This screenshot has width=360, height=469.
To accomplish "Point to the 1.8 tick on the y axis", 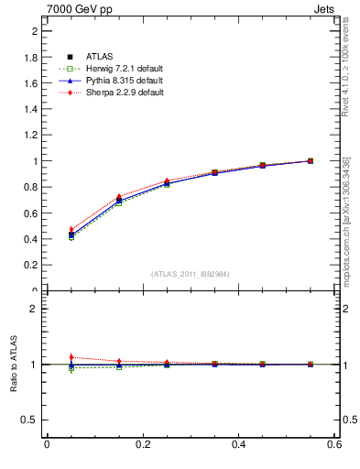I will coord(30,57).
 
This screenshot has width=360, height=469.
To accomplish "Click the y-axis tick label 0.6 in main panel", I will coord(30,213).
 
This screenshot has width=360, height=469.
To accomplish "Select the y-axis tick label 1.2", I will coord(30,135).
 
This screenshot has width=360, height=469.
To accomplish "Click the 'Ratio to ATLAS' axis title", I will coord(12,364).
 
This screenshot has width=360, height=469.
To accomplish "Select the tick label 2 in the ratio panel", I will coord(34,309).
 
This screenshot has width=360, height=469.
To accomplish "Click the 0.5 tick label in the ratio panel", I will coord(30,420).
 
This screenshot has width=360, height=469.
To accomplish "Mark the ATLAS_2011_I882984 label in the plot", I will coord(190,274).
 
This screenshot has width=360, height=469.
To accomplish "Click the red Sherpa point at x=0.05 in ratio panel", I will coord(71,357).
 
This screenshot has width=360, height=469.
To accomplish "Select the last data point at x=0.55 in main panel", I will coord(311,161).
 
